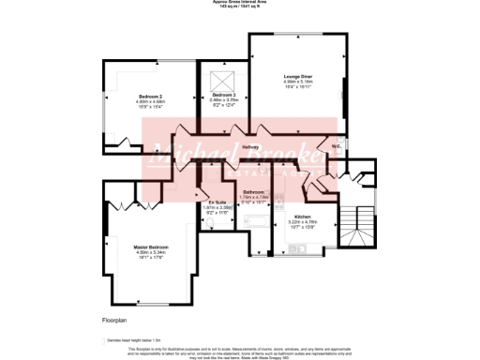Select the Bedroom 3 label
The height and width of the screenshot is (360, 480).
[224, 97]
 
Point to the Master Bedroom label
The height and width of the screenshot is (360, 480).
[150, 247]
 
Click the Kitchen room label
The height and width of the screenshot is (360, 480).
[302, 216]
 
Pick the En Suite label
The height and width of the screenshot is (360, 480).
[217, 202]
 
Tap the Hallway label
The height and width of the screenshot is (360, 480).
[250, 147]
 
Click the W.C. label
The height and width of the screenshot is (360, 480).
[335, 145]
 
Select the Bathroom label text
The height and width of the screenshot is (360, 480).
[253, 191]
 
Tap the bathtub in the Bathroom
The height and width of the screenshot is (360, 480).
[253, 221]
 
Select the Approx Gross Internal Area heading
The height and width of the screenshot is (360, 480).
[240, 3]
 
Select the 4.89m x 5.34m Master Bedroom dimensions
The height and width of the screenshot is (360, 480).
[150, 252]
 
